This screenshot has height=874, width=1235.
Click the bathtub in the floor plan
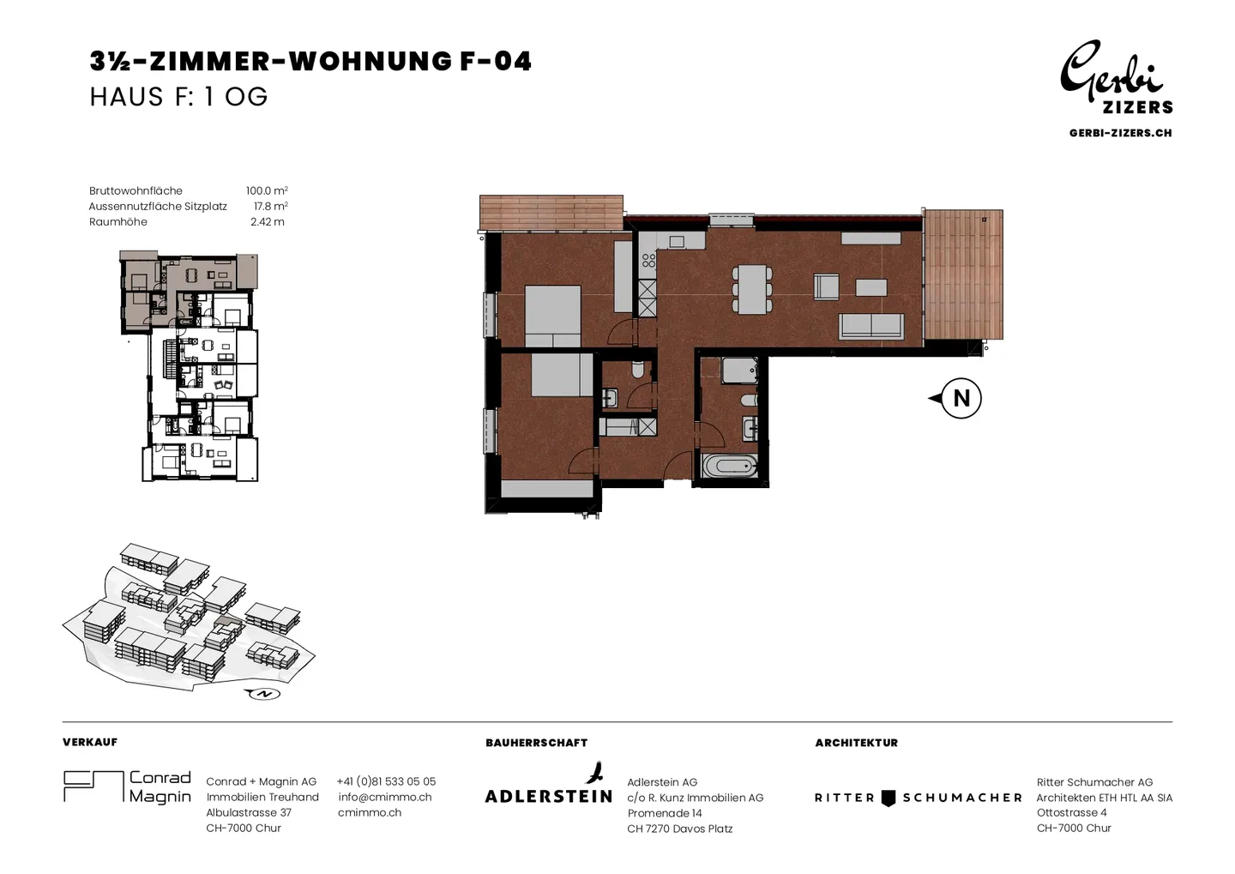coord(729,467)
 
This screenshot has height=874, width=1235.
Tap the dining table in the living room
coord(752,289)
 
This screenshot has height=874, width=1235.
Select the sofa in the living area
coord(871,326)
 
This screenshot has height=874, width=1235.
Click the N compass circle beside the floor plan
coord(961,398)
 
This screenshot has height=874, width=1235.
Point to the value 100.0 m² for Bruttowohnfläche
coord(267,190)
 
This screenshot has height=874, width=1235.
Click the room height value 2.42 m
coord(268,221)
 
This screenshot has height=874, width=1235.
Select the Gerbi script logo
coord(1111,72)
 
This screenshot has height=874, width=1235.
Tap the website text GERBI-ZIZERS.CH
coord(1120,133)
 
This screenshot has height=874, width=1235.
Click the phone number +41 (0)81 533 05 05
coord(386,781)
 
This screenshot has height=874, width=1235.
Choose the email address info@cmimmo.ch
coord(385,797)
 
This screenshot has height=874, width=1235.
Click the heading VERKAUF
coord(90,742)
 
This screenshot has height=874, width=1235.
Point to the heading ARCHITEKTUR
coord(856,743)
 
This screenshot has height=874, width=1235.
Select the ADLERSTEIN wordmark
coord(549,796)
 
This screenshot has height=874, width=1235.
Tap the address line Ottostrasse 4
coord(1071,812)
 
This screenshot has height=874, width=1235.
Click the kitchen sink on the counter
coord(677,242)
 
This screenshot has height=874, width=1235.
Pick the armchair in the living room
coord(826,286)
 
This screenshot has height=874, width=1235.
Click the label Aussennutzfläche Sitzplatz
coord(158,206)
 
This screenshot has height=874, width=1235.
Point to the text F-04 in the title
coord(495,61)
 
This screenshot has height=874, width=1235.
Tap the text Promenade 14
coord(665,813)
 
